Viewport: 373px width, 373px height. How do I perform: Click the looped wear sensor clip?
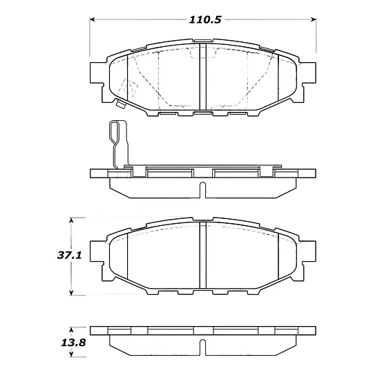[117, 141]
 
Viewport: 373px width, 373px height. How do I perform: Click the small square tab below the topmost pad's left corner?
[119, 106]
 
